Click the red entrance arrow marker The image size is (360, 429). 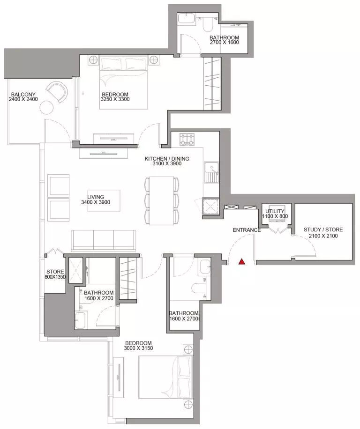coord(242,262)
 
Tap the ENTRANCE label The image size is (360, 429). coord(247,230)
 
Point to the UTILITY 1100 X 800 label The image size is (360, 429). coord(275,214)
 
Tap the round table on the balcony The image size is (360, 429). coord(46,107)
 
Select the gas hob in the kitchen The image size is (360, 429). coord(187,139)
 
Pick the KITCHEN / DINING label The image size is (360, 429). coord(167,159)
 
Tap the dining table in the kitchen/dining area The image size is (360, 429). coord(162,201)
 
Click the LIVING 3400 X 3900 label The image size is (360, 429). coord(96,200)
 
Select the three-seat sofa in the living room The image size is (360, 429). coord(104,240)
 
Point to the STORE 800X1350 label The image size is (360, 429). coord(55,274)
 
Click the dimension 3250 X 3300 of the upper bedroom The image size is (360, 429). coord(115,99)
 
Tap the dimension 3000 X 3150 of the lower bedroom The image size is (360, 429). coord(138,348)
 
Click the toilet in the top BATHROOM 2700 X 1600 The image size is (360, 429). coord(207,24)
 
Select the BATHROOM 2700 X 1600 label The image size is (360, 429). coord(224,40)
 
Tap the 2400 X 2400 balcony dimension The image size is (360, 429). coord(23,99)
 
